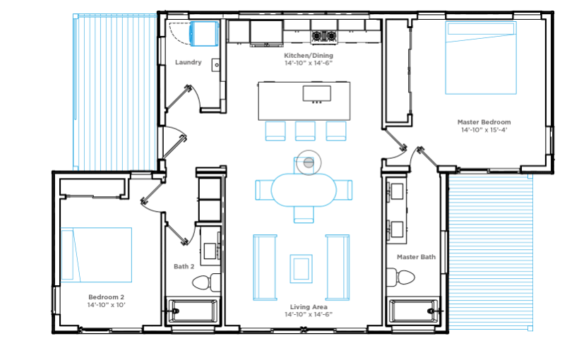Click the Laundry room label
(189, 62)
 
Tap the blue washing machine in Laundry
(204, 34)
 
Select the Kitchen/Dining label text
(309, 55)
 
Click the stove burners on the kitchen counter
(324, 36)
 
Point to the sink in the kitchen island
(317, 93)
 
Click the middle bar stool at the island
(305, 131)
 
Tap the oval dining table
(304, 190)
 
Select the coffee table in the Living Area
(301, 269)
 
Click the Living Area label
(309, 307)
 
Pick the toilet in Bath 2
(206, 282)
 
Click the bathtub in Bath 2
(193, 311)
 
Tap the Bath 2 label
(184, 266)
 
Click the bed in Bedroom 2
(96, 255)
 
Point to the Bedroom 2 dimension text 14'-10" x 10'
(107, 305)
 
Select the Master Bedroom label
(484, 122)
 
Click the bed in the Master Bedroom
(481, 58)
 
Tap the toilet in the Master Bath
(400, 277)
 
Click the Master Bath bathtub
(414, 311)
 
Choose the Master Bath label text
(416, 257)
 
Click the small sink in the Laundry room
(216, 65)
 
